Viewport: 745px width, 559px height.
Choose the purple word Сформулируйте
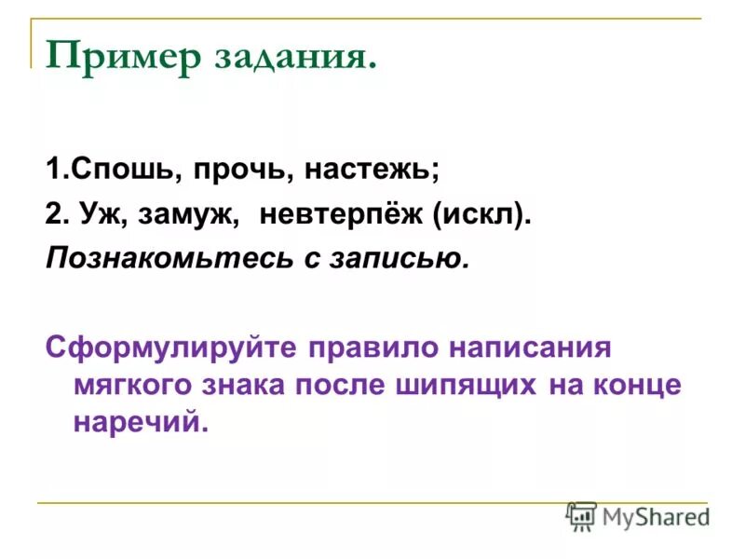click(x=171, y=348)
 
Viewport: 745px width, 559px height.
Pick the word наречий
click(x=138, y=422)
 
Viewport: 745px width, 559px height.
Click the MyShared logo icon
click(x=581, y=515)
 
